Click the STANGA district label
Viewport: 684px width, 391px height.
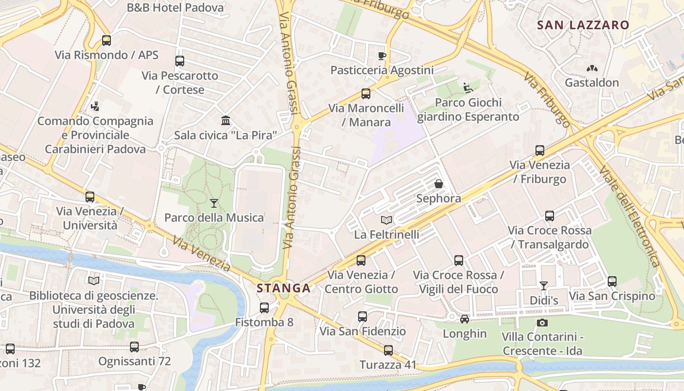coord(284,288)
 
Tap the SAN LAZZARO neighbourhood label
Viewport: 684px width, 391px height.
coord(583,25)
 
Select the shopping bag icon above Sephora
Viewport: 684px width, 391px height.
coord(439,184)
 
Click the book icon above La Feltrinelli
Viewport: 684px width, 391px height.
coord(386,220)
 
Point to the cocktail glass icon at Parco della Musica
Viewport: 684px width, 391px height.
coord(214,203)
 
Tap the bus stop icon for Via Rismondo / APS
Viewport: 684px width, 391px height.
coord(107,41)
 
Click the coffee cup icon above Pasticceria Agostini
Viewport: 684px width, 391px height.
coord(382,56)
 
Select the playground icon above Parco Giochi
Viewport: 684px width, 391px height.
coord(468,88)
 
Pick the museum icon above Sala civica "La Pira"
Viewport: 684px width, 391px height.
coord(226,120)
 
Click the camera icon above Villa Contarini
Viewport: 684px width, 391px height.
coord(542,323)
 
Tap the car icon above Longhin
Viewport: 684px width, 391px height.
coord(465,319)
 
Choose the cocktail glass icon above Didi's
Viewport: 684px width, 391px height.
coord(544,285)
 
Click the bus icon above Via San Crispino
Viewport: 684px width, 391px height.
coord(612,282)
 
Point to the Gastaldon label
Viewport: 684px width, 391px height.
coord(592,83)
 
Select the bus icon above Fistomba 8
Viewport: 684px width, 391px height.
coord(264,308)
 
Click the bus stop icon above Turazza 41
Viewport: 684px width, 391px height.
coord(388,350)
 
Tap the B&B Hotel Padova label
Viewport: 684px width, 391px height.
coord(175,8)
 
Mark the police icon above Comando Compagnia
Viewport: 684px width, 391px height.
coord(95,106)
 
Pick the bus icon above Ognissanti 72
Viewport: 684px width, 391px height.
coord(134,347)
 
